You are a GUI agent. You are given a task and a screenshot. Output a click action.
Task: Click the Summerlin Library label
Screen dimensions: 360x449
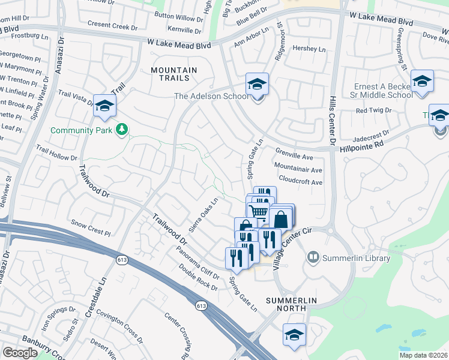pyautogui.click(x=357, y=258)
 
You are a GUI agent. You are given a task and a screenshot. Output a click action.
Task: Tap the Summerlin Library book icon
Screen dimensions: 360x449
pyautogui.click(x=313, y=258)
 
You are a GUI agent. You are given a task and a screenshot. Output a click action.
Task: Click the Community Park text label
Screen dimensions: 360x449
pyautogui.click(x=83, y=130)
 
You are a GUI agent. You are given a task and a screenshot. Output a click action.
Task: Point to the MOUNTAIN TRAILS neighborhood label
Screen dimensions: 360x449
pyautogui.click(x=173, y=74)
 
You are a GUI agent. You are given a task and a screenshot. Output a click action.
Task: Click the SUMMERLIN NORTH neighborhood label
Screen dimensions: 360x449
pyautogui.click(x=291, y=304)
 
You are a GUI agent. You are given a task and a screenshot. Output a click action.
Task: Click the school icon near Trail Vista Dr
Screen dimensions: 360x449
pyautogui.click(x=105, y=106)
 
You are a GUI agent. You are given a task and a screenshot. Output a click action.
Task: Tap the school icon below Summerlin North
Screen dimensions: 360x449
pyautogui.click(x=294, y=334)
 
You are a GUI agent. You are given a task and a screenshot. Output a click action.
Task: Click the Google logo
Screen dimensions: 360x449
pyautogui.click(x=20, y=353)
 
